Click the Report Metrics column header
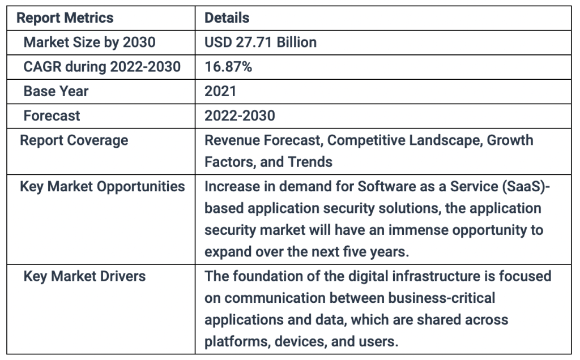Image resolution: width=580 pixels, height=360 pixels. coord(65,18)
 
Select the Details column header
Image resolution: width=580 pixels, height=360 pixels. coord(227,18)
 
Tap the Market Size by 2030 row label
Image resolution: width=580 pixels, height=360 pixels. coord(89,42)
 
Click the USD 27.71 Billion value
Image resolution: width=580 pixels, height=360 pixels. coord(261,42)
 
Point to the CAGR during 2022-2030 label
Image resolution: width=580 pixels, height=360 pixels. coord(102,67)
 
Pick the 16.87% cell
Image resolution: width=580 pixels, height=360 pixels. coord(228,67)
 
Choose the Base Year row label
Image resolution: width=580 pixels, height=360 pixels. coord(56,91)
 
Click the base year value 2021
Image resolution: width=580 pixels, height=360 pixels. coord(220,91)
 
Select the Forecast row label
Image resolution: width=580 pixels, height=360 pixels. coord(52,115)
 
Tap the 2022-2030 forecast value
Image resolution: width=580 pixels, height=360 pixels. coord(240,115)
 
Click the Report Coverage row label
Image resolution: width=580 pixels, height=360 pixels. coord(74,140)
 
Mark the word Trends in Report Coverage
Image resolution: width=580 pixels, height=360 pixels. coord(310,162)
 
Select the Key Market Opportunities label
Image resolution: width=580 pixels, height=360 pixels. coord(102,187)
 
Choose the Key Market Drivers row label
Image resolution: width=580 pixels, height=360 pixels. coord(84,276)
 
